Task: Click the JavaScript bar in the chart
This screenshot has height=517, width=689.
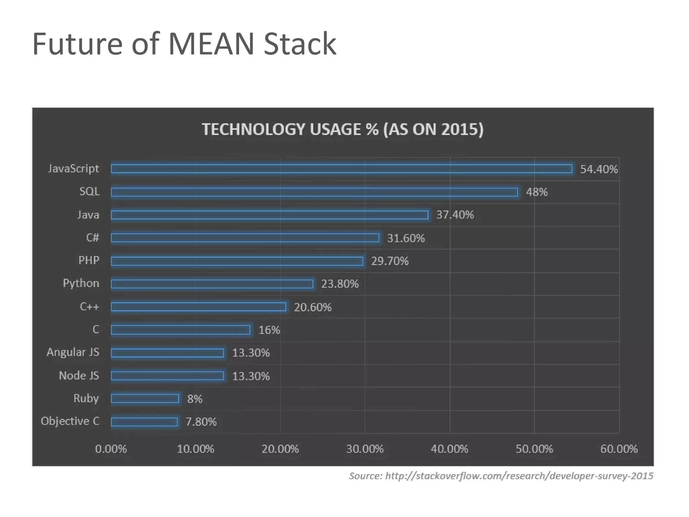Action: pyautogui.click(x=341, y=169)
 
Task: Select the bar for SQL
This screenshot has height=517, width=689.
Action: pyautogui.click(x=314, y=192)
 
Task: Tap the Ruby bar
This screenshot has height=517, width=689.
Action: pyautogui.click(x=145, y=399)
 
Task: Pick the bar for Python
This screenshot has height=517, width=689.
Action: pyautogui.click(x=212, y=284)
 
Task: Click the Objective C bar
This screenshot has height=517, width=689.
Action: pyautogui.click(x=144, y=422)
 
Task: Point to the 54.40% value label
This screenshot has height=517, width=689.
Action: pyautogui.click(x=599, y=169)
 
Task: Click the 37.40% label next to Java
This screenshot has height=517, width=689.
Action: pyautogui.click(x=455, y=215)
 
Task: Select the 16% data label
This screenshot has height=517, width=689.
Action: pyautogui.click(x=269, y=330)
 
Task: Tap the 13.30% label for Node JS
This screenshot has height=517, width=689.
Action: pyautogui.click(x=251, y=376)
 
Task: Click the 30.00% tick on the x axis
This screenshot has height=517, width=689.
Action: pyautogui.click(x=365, y=449)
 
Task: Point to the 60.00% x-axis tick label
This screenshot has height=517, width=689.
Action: pyautogui.click(x=619, y=449)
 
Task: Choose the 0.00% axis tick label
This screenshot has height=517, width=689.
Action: pyautogui.click(x=111, y=449)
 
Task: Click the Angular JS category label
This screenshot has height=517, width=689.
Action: pyautogui.click(x=73, y=352)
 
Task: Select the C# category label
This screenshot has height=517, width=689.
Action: pyautogui.click(x=93, y=238)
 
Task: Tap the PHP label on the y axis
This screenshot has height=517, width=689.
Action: pyautogui.click(x=89, y=260)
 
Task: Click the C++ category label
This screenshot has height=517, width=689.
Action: pyautogui.click(x=89, y=307)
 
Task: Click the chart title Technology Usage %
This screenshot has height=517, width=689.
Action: pyautogui.click(x=342, y=129)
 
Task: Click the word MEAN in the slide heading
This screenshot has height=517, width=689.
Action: pyautogui.click(x=211, y=44)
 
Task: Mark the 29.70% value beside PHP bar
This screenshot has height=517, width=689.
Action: pyautogui.click(x=390, y=261)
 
